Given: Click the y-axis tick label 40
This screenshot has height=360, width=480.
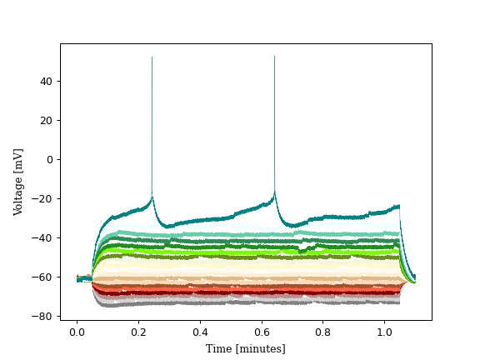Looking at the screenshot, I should tap(46, 81).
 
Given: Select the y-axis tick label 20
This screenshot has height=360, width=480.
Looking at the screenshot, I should tap(46, 120).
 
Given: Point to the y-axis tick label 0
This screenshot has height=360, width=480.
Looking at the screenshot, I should tap(49, 159).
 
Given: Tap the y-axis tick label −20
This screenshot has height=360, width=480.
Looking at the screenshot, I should tap(43, 198).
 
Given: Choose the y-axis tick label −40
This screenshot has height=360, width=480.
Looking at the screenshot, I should tap(43, 237).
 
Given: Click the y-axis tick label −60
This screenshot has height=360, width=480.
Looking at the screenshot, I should tap(43, 277).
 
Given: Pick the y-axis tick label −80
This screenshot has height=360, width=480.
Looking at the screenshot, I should tap(43, 316).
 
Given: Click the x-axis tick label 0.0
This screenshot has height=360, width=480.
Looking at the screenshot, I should tap(77, 331).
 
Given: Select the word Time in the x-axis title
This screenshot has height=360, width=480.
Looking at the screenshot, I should tap(218, 348).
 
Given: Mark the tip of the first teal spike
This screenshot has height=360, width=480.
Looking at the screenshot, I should tap(152, 57).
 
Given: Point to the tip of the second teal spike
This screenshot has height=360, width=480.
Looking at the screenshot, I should tap(274, 57).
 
